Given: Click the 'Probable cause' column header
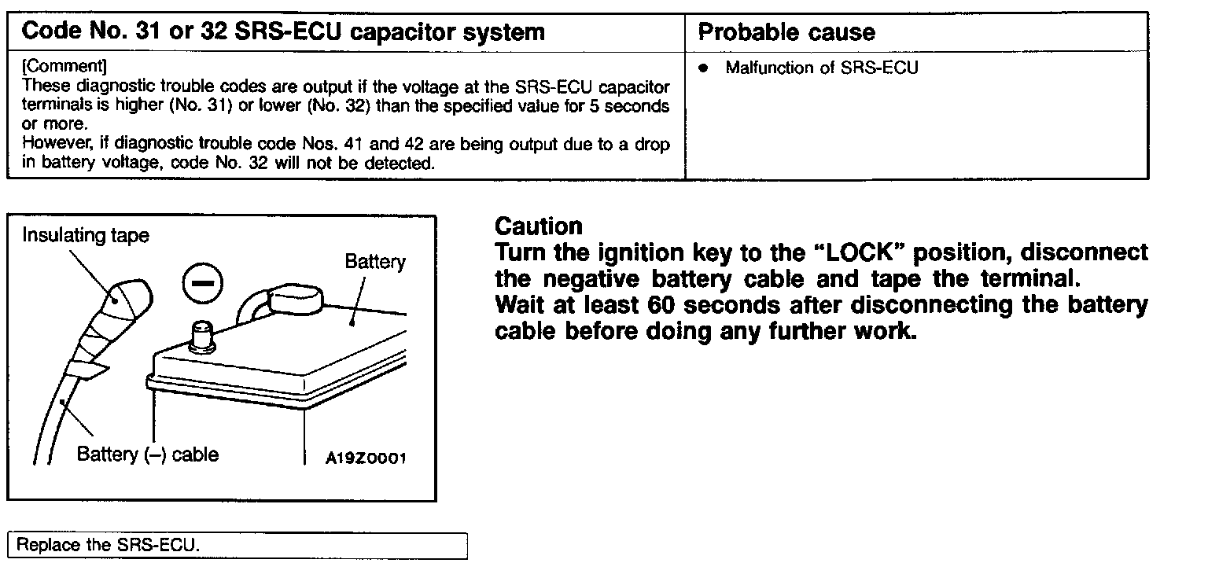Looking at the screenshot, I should [786, 32].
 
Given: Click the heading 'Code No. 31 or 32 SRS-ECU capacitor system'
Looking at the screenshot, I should [282, 32].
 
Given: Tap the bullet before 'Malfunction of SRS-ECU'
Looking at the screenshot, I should [705, 68].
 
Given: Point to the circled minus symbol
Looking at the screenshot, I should [203, 284].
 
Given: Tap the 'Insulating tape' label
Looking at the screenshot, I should [85, 235].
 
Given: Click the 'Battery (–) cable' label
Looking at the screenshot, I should [147, 454].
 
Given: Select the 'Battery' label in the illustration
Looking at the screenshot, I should [375, 262].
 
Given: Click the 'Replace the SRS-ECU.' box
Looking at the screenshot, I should [237, 545].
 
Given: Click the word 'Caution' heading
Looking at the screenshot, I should [539, 226].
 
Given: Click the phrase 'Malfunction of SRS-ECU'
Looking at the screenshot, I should [821, 68].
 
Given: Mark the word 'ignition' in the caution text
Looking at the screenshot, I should [645, 253].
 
